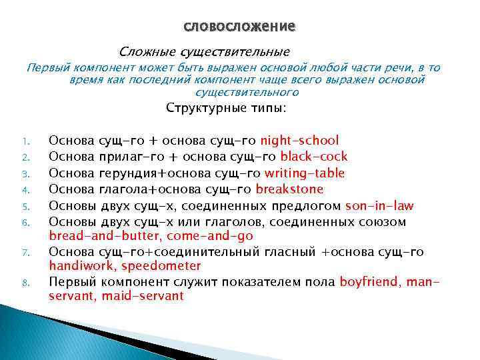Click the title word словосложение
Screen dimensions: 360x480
(239, 27)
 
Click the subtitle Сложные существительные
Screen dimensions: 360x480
(204, 51)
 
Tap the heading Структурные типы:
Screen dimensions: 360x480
(226, 108)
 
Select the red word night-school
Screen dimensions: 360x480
(299, 140)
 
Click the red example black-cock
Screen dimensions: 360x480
(314, 157)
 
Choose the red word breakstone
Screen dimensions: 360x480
(289, 189)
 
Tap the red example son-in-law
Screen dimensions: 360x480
(379, 205)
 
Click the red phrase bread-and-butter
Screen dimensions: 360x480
(104, 236)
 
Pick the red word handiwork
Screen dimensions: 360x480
(80, 265)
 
